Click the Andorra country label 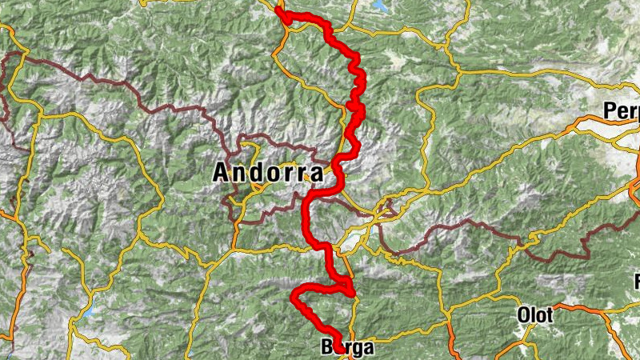[268, 173]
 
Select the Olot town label [535, 315]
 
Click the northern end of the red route [278, 10]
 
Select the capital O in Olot [524, 315]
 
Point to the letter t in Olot [550, 315]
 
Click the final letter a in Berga [368, 349]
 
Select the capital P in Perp [610, 110]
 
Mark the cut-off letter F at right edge [638, 282]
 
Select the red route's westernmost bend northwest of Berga [294, 300]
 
